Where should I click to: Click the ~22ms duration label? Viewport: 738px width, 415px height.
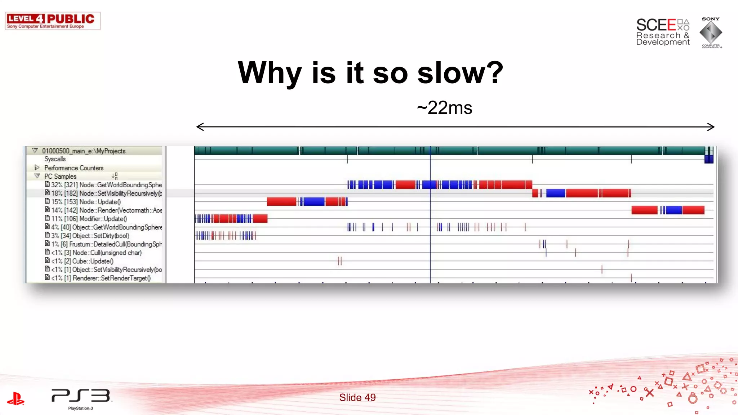pos(444,108)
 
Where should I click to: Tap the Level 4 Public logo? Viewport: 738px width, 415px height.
pos(53,21)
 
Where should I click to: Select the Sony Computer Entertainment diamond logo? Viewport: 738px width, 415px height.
pos(711,32)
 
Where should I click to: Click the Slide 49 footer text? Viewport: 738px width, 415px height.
pos(357,397)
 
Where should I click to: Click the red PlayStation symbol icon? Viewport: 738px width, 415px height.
pos(15,398)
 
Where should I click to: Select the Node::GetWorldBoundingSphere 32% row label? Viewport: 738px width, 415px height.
pos(106,185)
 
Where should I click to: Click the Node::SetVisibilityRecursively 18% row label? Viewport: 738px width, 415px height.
pos(106,193)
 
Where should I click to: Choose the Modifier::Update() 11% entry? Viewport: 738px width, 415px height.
pos(89,219)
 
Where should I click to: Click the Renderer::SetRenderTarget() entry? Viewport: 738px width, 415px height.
pos(101,278)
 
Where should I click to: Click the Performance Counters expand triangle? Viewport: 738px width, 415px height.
pos(36,168)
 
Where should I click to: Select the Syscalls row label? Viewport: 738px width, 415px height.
pos(55,159)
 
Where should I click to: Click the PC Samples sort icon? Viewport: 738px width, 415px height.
pos(115,176)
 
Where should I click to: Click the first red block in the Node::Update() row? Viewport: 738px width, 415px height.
pos(281,202)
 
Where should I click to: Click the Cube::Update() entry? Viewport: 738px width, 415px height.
pos(93,261)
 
